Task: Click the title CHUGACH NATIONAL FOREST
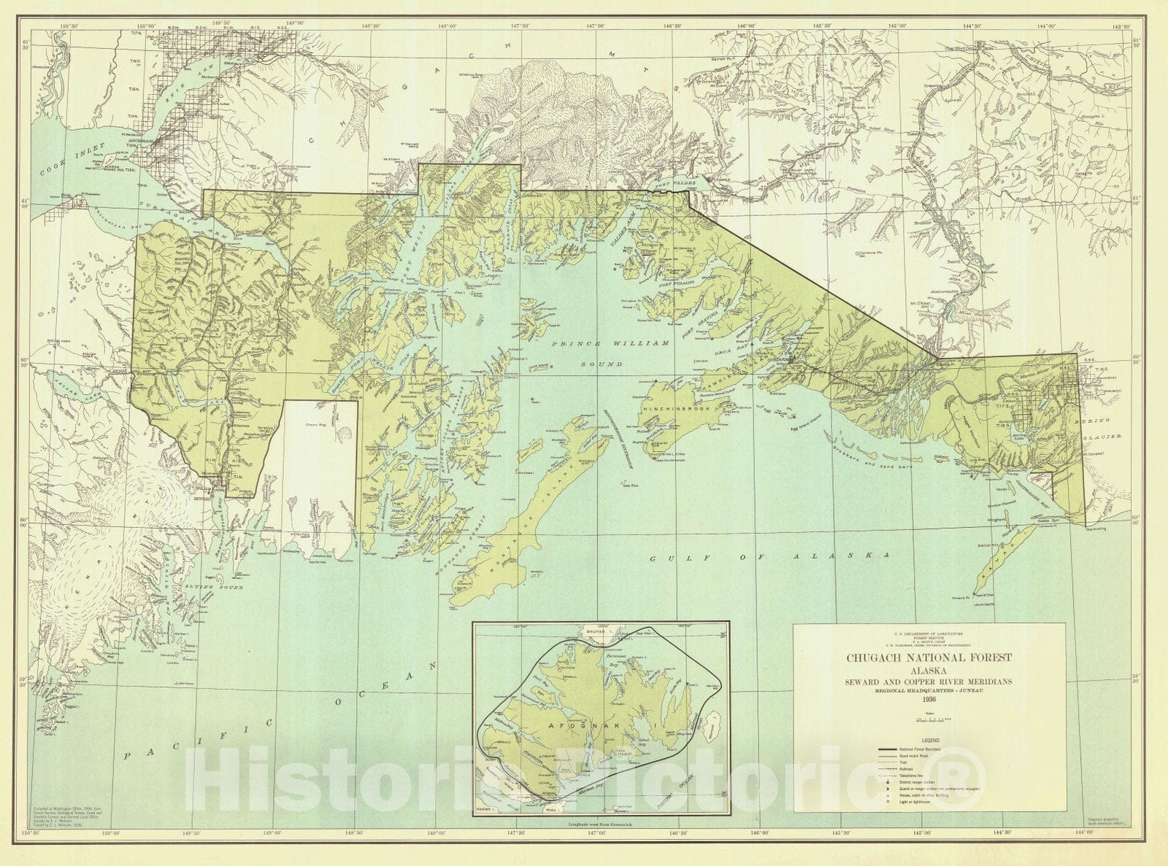click(x=929, y=657)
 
